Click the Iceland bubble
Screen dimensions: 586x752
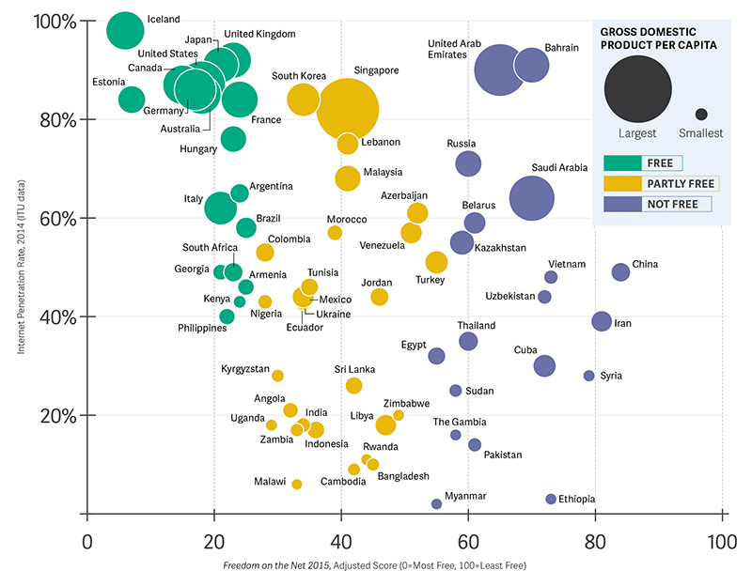(125, 31)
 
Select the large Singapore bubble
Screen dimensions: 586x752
(347, 109)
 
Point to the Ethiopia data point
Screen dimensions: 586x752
(551, 499)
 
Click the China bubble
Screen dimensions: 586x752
(620, 272)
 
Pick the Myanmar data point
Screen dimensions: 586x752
(436, 504)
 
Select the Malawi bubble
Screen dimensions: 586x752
(297, 485)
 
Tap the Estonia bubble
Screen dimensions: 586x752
(132, 99)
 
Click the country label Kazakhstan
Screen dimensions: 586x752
(500, 248)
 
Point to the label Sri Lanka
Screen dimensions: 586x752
(355, 370)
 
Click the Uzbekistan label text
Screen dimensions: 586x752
(510, 297)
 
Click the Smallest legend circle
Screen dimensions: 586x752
(701, 115)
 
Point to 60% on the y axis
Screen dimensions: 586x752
(59, 219)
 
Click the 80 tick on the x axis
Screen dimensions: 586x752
(594, 541)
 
